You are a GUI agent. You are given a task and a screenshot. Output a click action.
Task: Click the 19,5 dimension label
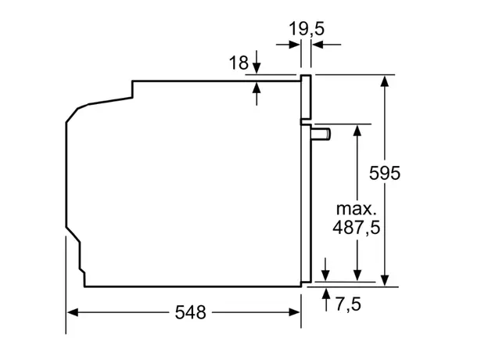click(x=306, y=29)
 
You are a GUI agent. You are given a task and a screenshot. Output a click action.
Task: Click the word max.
click(x=357, y=209)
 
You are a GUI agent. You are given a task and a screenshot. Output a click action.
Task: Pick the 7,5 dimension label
click(x=347, y=304)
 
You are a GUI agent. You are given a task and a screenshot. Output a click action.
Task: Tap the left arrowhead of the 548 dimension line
click(x=72, y=312)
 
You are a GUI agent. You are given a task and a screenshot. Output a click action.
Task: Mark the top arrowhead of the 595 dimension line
click(x=384, y=81)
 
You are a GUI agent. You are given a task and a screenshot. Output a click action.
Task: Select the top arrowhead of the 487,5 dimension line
click(x=357, y=130)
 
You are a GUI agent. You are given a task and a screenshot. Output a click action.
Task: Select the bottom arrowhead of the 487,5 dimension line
click(x=357, y=275)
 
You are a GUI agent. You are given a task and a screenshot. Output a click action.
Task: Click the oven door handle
click(x=321, y=134)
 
